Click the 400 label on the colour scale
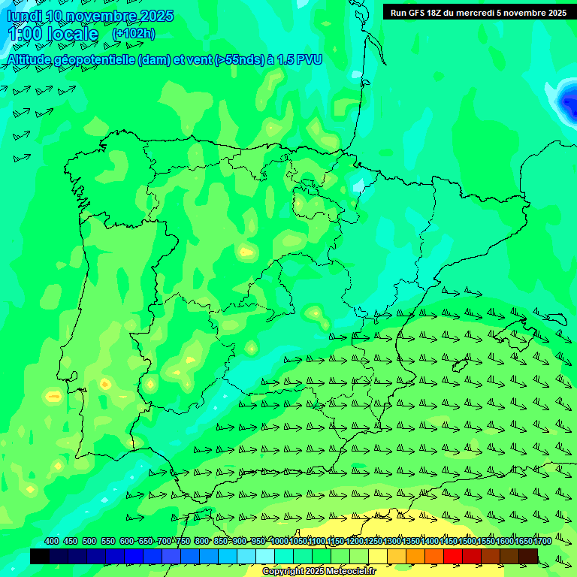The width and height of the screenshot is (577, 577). (x=52, y=541)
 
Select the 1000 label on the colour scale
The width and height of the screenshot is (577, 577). (x=279, y=541)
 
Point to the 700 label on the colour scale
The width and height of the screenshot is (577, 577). (x=165, y=541)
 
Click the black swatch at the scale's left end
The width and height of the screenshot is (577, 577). (x=40, y=556)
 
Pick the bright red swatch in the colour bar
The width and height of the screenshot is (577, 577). (x=453, y=556)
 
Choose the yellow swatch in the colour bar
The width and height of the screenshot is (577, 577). (x=378, y=556)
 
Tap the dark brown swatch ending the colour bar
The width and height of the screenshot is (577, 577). (x=528, y=556)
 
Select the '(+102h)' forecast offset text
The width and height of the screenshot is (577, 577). (x=134, y=34)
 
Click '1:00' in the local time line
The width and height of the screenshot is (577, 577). (x=24, y=35)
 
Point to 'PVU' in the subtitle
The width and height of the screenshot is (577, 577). (x=308, y=60)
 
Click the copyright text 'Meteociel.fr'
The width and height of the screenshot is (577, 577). (x=350, y=572)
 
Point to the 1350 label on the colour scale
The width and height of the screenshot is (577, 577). (x=410, y=541)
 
